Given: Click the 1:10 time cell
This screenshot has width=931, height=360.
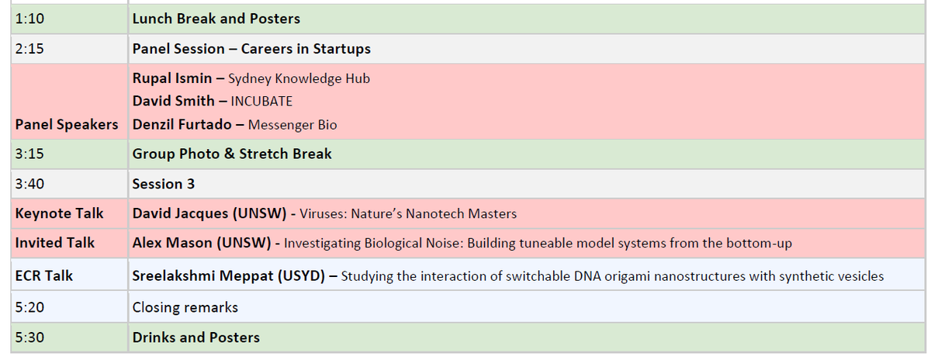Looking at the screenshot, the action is [x=29, y=19].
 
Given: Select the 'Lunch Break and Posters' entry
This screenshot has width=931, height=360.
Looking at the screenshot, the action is [x=216, y=19].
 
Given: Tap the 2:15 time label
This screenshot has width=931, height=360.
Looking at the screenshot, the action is [x=29, y=49].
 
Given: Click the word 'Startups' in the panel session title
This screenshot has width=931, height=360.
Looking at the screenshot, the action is [x=341, y=49].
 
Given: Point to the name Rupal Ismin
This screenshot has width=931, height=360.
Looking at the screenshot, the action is [x=172, y=78].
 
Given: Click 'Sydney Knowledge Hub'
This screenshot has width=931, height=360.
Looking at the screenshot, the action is [x=299, y=78].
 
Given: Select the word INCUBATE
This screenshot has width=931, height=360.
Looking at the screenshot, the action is [x=261, y=102].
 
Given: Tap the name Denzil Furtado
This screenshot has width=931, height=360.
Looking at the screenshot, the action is [x=182, y=124].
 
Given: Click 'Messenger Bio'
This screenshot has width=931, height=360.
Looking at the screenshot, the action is [x=292, y=125].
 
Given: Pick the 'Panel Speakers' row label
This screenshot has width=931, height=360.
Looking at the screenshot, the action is [x=67, y=124].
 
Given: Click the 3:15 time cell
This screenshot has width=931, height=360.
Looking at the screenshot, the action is [x=29, y=154].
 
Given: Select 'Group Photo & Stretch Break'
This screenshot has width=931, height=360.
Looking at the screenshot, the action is [x=232, y=154].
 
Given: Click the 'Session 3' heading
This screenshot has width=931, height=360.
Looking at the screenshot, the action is [x=164, y=184].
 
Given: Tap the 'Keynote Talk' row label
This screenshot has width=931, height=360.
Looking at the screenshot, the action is [x=59, y=213].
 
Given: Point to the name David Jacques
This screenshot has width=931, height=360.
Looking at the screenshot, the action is [x=180, y=213].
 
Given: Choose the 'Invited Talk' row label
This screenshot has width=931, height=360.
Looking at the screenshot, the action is [x=54, y=243].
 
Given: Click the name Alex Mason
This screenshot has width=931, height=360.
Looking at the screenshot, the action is [x=172, y=243].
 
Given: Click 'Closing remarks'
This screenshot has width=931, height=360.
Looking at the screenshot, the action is [x=185, y=307].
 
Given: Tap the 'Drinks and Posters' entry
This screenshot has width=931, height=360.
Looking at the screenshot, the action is [x=196, y=337].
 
